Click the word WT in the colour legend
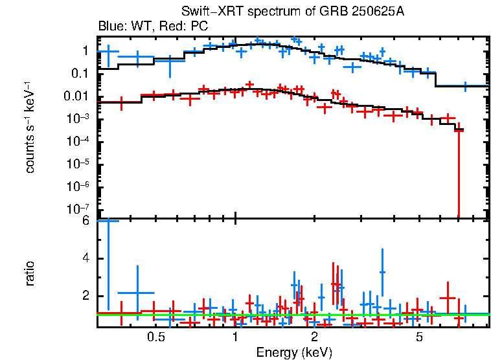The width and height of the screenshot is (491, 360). pos(134,27)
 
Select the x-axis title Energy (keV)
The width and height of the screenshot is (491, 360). pos(293,352)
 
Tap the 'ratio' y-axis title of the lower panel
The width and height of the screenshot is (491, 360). pos(30,273)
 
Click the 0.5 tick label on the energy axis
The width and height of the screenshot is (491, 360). pos(155,337)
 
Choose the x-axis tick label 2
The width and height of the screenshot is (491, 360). pos(314,337)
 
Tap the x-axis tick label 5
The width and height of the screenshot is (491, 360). pos(419,337)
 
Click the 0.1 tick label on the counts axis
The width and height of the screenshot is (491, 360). pos(80,73)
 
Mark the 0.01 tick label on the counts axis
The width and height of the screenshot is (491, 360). pos(76,96)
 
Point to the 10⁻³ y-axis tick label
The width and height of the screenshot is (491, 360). pos(77,118)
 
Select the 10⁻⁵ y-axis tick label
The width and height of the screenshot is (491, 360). pos(77,164)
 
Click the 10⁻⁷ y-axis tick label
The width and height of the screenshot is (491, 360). pos(77,209)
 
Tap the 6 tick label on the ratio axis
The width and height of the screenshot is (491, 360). pos(85,221)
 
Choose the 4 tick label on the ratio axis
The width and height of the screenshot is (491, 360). pos(85,258)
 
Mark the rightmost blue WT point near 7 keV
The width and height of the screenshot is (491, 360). pos(465,86)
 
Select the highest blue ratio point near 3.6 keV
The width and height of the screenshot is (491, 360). pos(382,272)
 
